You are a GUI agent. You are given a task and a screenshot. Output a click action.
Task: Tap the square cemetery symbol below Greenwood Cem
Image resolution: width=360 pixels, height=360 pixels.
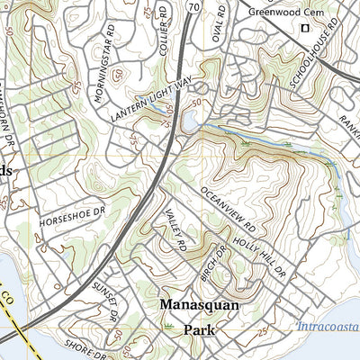click(x=304, y=29)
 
